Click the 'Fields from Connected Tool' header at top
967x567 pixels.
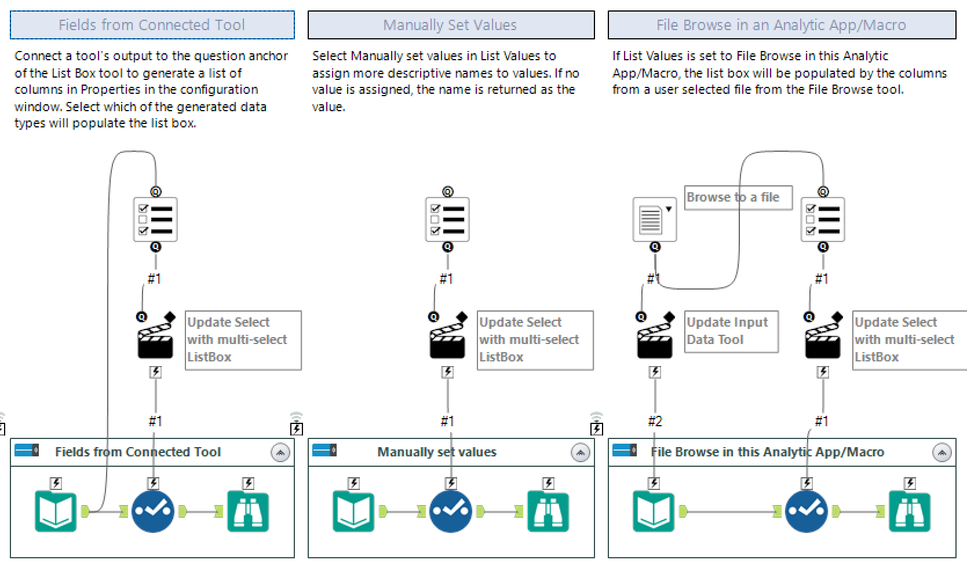(152, 25)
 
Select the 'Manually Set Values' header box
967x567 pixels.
(450, 25)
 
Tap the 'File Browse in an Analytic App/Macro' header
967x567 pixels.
(781, 25)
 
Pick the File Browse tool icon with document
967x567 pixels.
(654, 220)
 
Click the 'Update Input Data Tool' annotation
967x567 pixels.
(731, 331)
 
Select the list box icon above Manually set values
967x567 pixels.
(447, 220)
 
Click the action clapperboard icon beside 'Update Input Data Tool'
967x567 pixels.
(655, 342)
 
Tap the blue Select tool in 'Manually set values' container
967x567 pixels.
(451, 511)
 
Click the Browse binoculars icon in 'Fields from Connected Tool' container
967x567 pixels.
(248, 511)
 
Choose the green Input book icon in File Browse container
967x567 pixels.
(654, 511)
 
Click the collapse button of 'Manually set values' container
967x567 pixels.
(580, 452)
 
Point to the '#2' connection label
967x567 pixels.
(655, 421)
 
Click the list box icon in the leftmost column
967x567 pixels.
(155, 220)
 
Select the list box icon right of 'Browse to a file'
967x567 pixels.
(823, 220)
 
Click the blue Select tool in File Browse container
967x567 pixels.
(807, 511)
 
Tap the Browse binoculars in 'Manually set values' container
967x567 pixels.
(548, 511)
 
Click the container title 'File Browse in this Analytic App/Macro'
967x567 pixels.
(767, 452)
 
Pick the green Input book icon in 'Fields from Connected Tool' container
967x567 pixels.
(56, 511)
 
